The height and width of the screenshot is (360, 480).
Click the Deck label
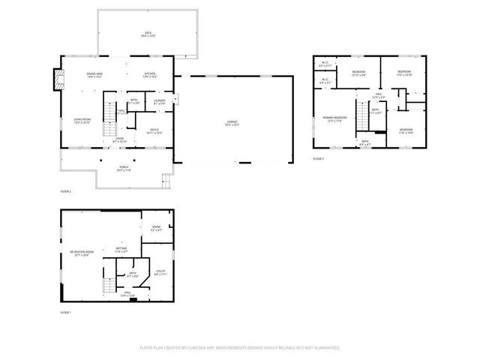(148, 33)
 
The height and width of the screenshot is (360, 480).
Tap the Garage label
(233, 122)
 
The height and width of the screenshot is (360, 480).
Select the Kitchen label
(149, 74)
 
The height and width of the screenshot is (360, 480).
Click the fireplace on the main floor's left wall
(56, 79)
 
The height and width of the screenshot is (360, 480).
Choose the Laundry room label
(159, 101)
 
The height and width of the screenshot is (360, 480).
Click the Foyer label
(119, 139)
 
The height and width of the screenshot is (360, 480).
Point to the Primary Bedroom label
(334, 119)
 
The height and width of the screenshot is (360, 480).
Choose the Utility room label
(160, 272)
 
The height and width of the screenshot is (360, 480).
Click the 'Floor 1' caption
(65, 312)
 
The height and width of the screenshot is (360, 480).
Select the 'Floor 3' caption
(318, 159)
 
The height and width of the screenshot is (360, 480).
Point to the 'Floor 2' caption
(65, 192)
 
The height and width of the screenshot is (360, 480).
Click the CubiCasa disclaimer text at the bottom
(240, 348)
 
